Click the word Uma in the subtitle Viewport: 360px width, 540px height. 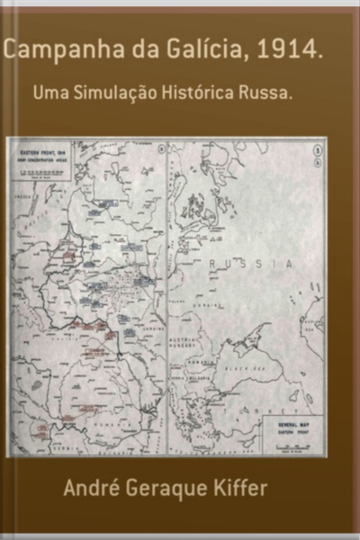click(x=49, y=93)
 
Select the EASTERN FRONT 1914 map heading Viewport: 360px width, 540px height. click(x=36, y=155)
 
